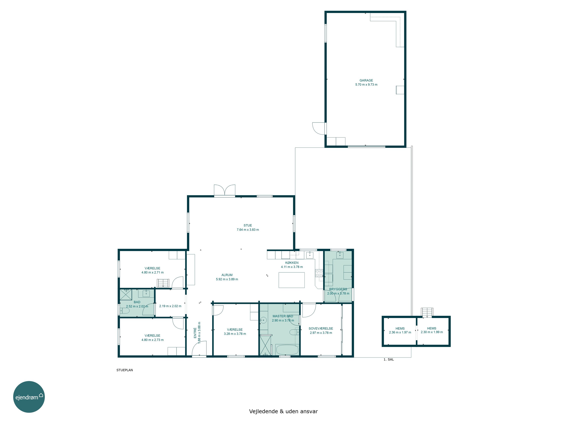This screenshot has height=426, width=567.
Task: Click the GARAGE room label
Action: (366, 80)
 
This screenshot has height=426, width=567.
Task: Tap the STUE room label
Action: (248, 225)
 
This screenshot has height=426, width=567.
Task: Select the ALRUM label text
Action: (227, 275)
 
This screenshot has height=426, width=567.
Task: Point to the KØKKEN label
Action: (292, 263)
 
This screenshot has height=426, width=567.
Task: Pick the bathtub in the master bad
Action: (287, 350)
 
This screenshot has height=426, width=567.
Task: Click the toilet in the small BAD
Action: (125, 311)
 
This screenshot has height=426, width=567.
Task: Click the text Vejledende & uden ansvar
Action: (283, 411)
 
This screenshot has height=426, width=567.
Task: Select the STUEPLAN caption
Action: (125, 370)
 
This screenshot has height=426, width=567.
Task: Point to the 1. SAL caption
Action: (389, 360)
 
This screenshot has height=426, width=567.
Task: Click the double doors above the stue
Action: (225, 190)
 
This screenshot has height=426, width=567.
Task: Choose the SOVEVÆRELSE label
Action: (321, 328)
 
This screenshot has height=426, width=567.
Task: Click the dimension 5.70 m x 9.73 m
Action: (366, 84)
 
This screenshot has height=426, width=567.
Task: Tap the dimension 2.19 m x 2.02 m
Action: (170, 306)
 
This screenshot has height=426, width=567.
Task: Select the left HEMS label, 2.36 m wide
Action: (400, 328)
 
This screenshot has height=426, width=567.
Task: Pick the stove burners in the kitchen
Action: (319, 273)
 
